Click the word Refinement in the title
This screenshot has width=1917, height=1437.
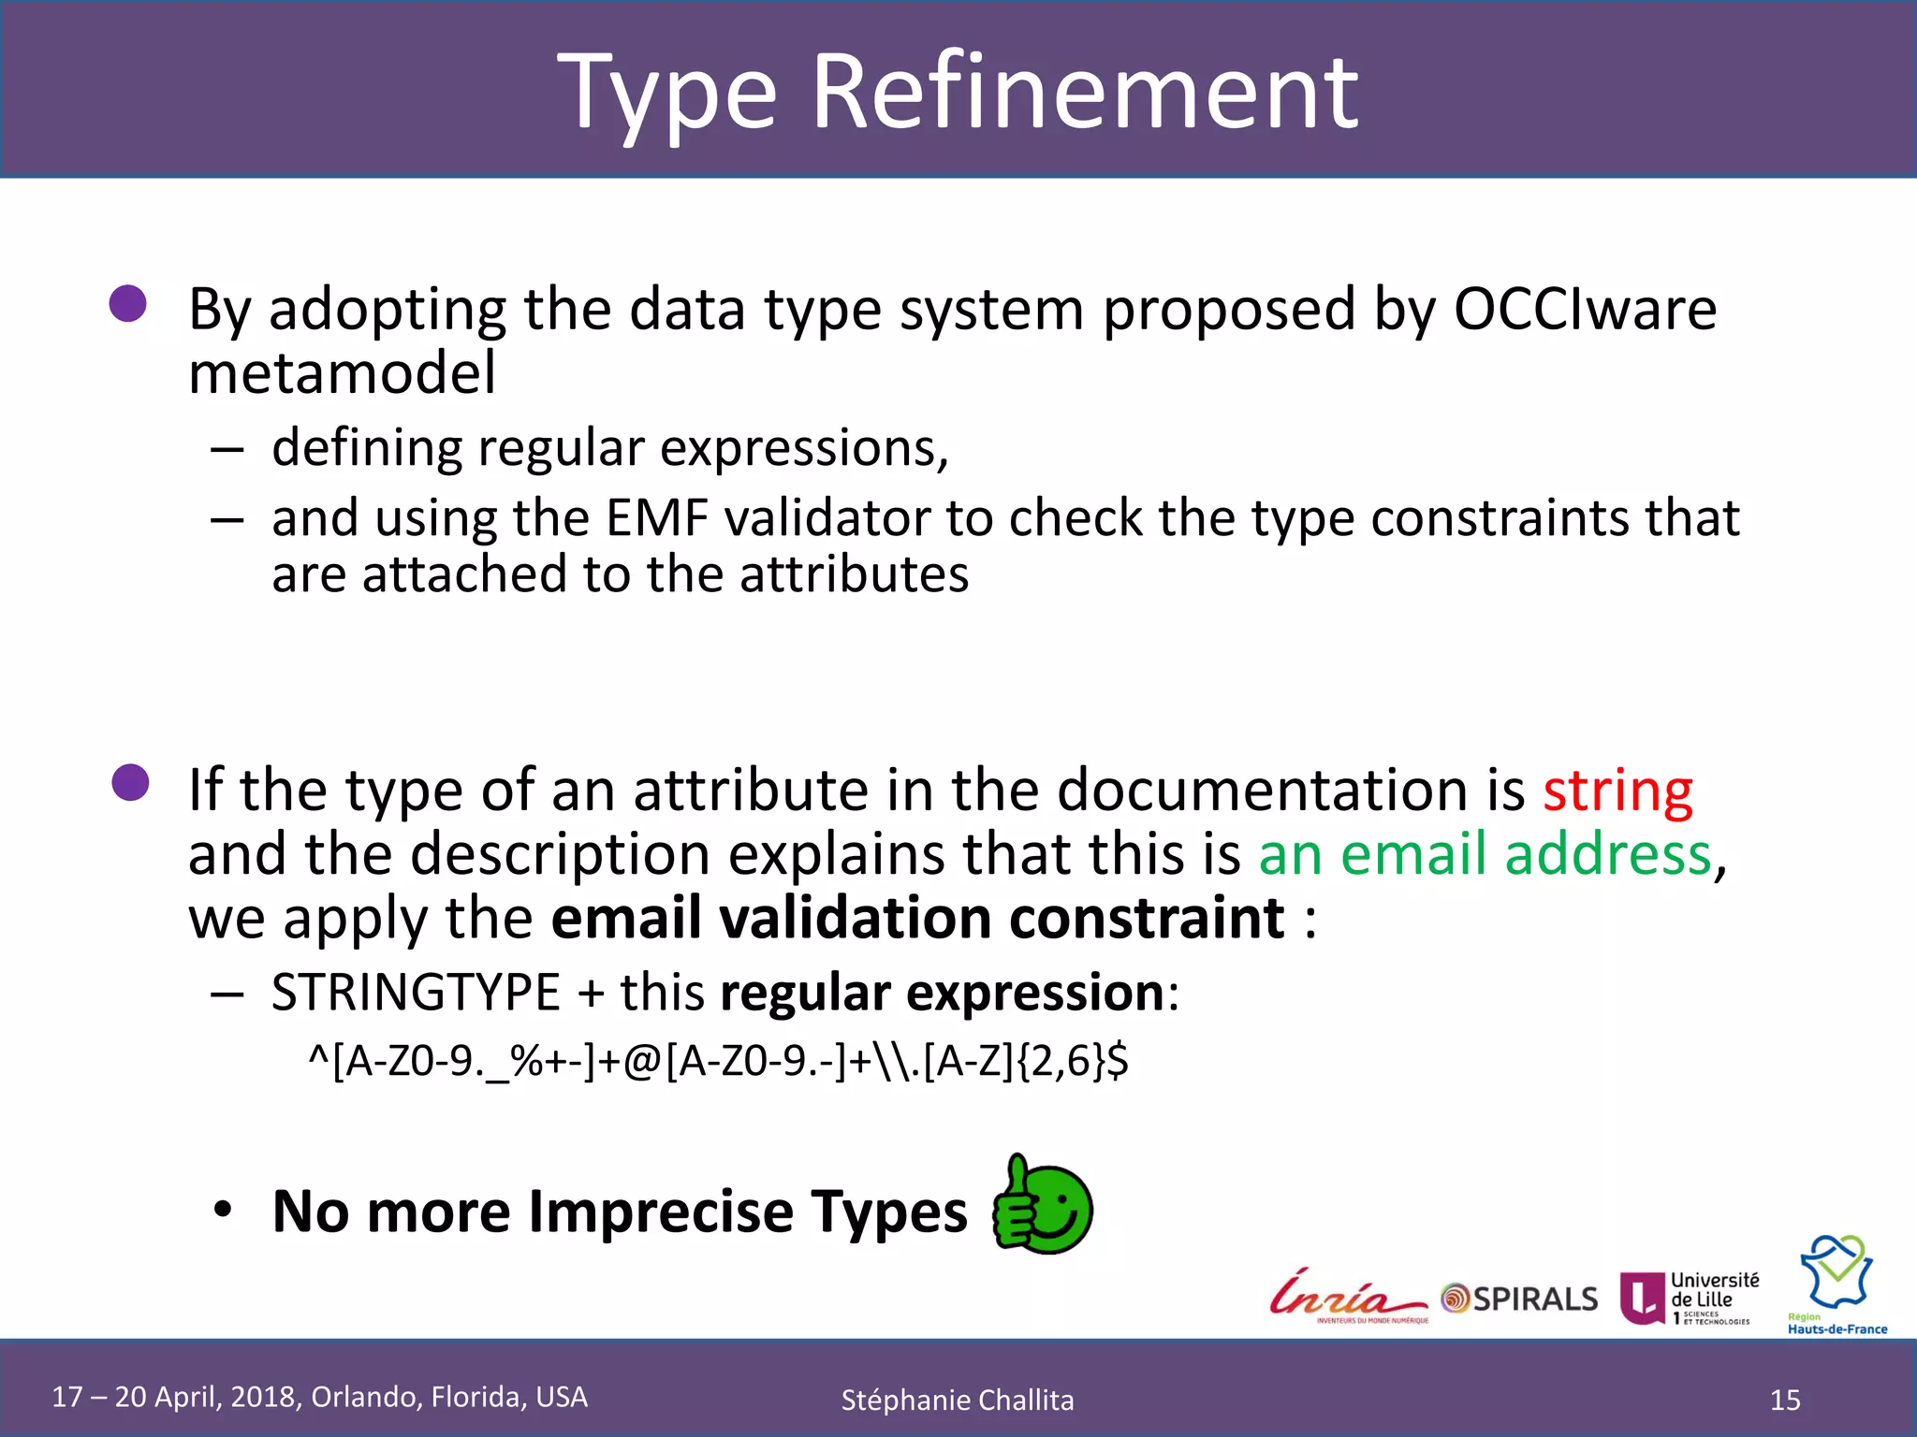(1084, 92)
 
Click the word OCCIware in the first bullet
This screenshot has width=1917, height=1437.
(1584, 309)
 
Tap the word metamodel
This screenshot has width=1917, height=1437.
(342, 373)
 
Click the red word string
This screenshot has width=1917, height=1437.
(1617, 791)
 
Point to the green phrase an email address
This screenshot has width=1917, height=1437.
(1485, 854)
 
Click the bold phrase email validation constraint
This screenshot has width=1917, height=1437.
(917, 918)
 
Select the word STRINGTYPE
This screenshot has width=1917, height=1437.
(416, 993)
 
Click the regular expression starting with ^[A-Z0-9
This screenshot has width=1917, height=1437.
(718, 1061)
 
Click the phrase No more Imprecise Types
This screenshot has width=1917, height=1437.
(619, 1212)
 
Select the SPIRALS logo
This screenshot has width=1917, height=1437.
(1520, 1299)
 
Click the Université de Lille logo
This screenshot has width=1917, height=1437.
(1690, 1298)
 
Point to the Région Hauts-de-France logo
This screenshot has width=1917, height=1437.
(1837, 1285)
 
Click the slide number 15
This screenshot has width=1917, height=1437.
(1785, 1400)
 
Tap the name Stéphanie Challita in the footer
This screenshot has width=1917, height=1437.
(957, 1401)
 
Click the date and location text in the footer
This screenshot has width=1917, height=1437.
(319, 1397)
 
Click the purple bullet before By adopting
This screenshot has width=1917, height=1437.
(128, 304)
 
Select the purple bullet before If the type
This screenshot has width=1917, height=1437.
(130, 783)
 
